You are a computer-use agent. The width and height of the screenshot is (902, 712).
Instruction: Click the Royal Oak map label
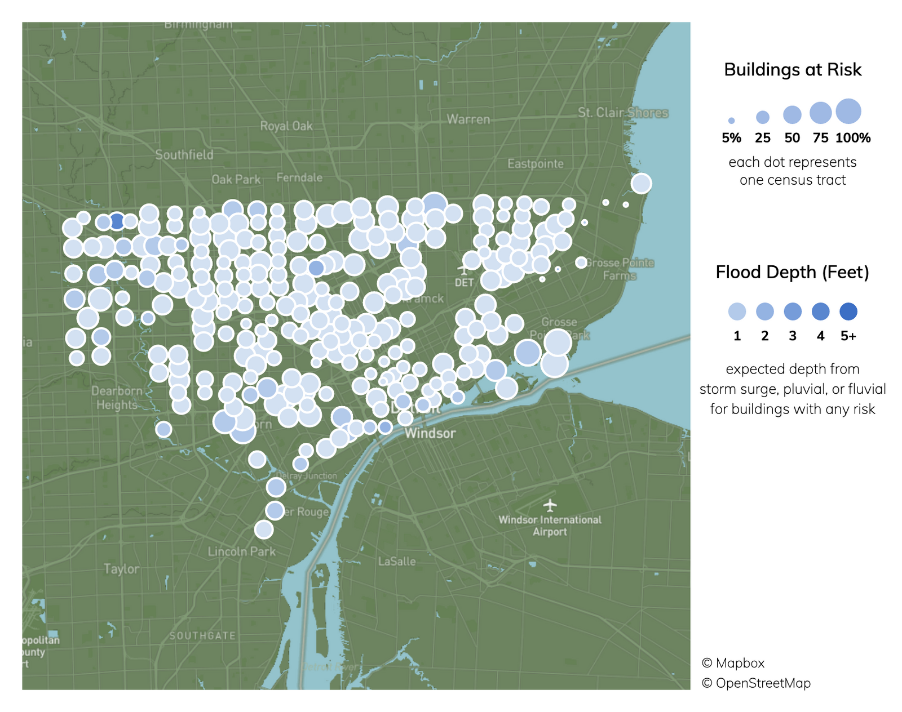coord(286,126)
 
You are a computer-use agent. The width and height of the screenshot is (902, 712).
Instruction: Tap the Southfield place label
coord(184,155)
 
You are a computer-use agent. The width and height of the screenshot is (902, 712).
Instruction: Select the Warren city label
coord(468,119)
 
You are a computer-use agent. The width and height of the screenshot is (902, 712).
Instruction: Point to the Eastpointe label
coord(535,164)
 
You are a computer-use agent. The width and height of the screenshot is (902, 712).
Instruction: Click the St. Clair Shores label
coord(623,113)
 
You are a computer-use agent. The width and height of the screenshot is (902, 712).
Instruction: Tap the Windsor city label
coord(430,433)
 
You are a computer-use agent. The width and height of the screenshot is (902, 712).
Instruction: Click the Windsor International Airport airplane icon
coord(550,505)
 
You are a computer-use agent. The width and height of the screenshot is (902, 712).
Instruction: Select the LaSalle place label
coord(397,562)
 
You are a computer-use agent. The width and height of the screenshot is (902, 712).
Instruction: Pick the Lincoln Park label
coord(241,551)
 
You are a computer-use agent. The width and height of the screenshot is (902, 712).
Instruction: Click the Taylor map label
coord(121,569)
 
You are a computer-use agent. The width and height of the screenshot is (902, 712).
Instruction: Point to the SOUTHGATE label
coord(202,635)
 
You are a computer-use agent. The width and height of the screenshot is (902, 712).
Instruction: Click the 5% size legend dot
coord(731,121)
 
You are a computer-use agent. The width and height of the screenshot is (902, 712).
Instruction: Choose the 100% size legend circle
coord(848,112)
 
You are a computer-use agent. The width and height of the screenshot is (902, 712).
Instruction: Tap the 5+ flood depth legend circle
coord(848,311)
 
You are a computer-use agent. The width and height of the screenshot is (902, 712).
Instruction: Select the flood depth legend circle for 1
coord(737,311)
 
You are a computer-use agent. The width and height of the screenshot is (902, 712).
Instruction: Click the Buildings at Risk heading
coord(793,70)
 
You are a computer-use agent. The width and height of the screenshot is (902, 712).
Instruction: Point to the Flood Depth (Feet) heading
coord(792,273)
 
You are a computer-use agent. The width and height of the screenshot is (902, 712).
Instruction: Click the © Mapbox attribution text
coord(733,663)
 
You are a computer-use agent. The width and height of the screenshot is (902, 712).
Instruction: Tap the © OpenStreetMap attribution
coord(756,683)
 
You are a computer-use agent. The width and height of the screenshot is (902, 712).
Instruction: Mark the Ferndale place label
coord(299,177)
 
